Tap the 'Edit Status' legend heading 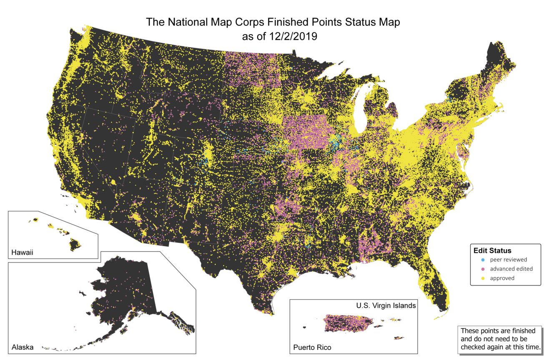pos(492,251)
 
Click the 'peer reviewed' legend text pos(508,260)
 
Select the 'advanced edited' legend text pos(511,269)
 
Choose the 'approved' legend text pos(502,278)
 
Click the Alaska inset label pos(23,347)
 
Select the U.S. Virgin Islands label pos(386,305)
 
